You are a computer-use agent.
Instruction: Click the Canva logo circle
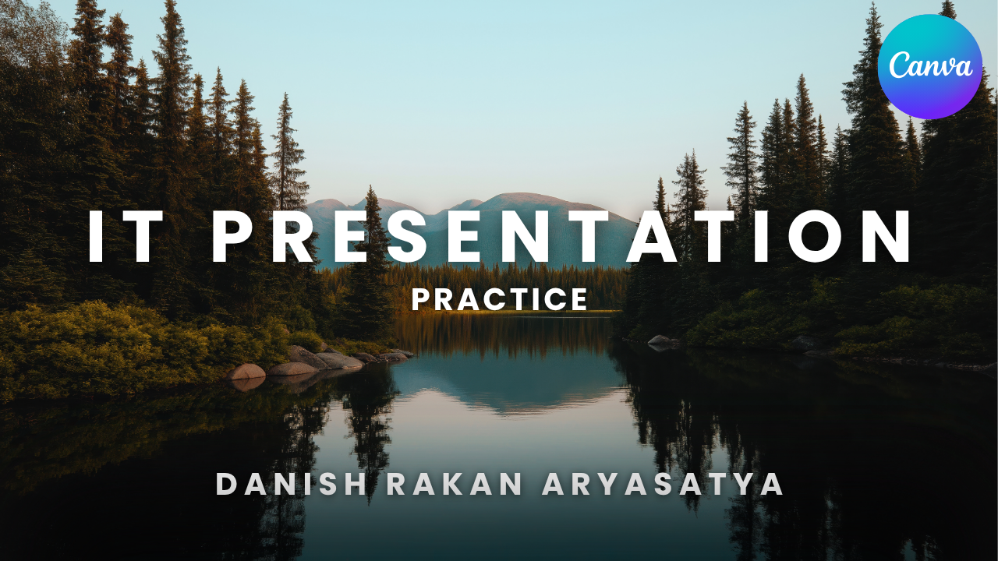coord(930,67)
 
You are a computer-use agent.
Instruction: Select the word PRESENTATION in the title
coord(561,236)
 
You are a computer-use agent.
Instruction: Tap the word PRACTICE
coord(500,299)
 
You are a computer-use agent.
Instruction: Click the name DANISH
coord(292,484)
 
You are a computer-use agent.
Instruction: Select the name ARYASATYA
coord(663,484)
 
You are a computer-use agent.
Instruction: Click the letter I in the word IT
coord(96,236)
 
